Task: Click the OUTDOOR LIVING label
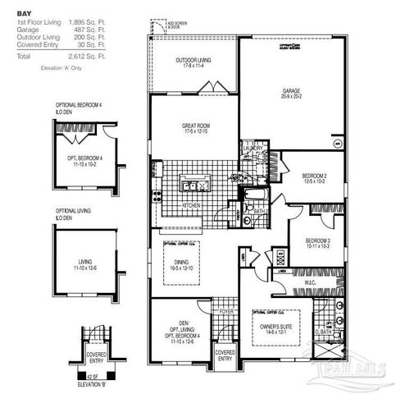click(x=193, y=60)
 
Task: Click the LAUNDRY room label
click(x=253, y=148)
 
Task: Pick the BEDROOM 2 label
click(x=315, y=176)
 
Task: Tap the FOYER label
click(x=226, y=312)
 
